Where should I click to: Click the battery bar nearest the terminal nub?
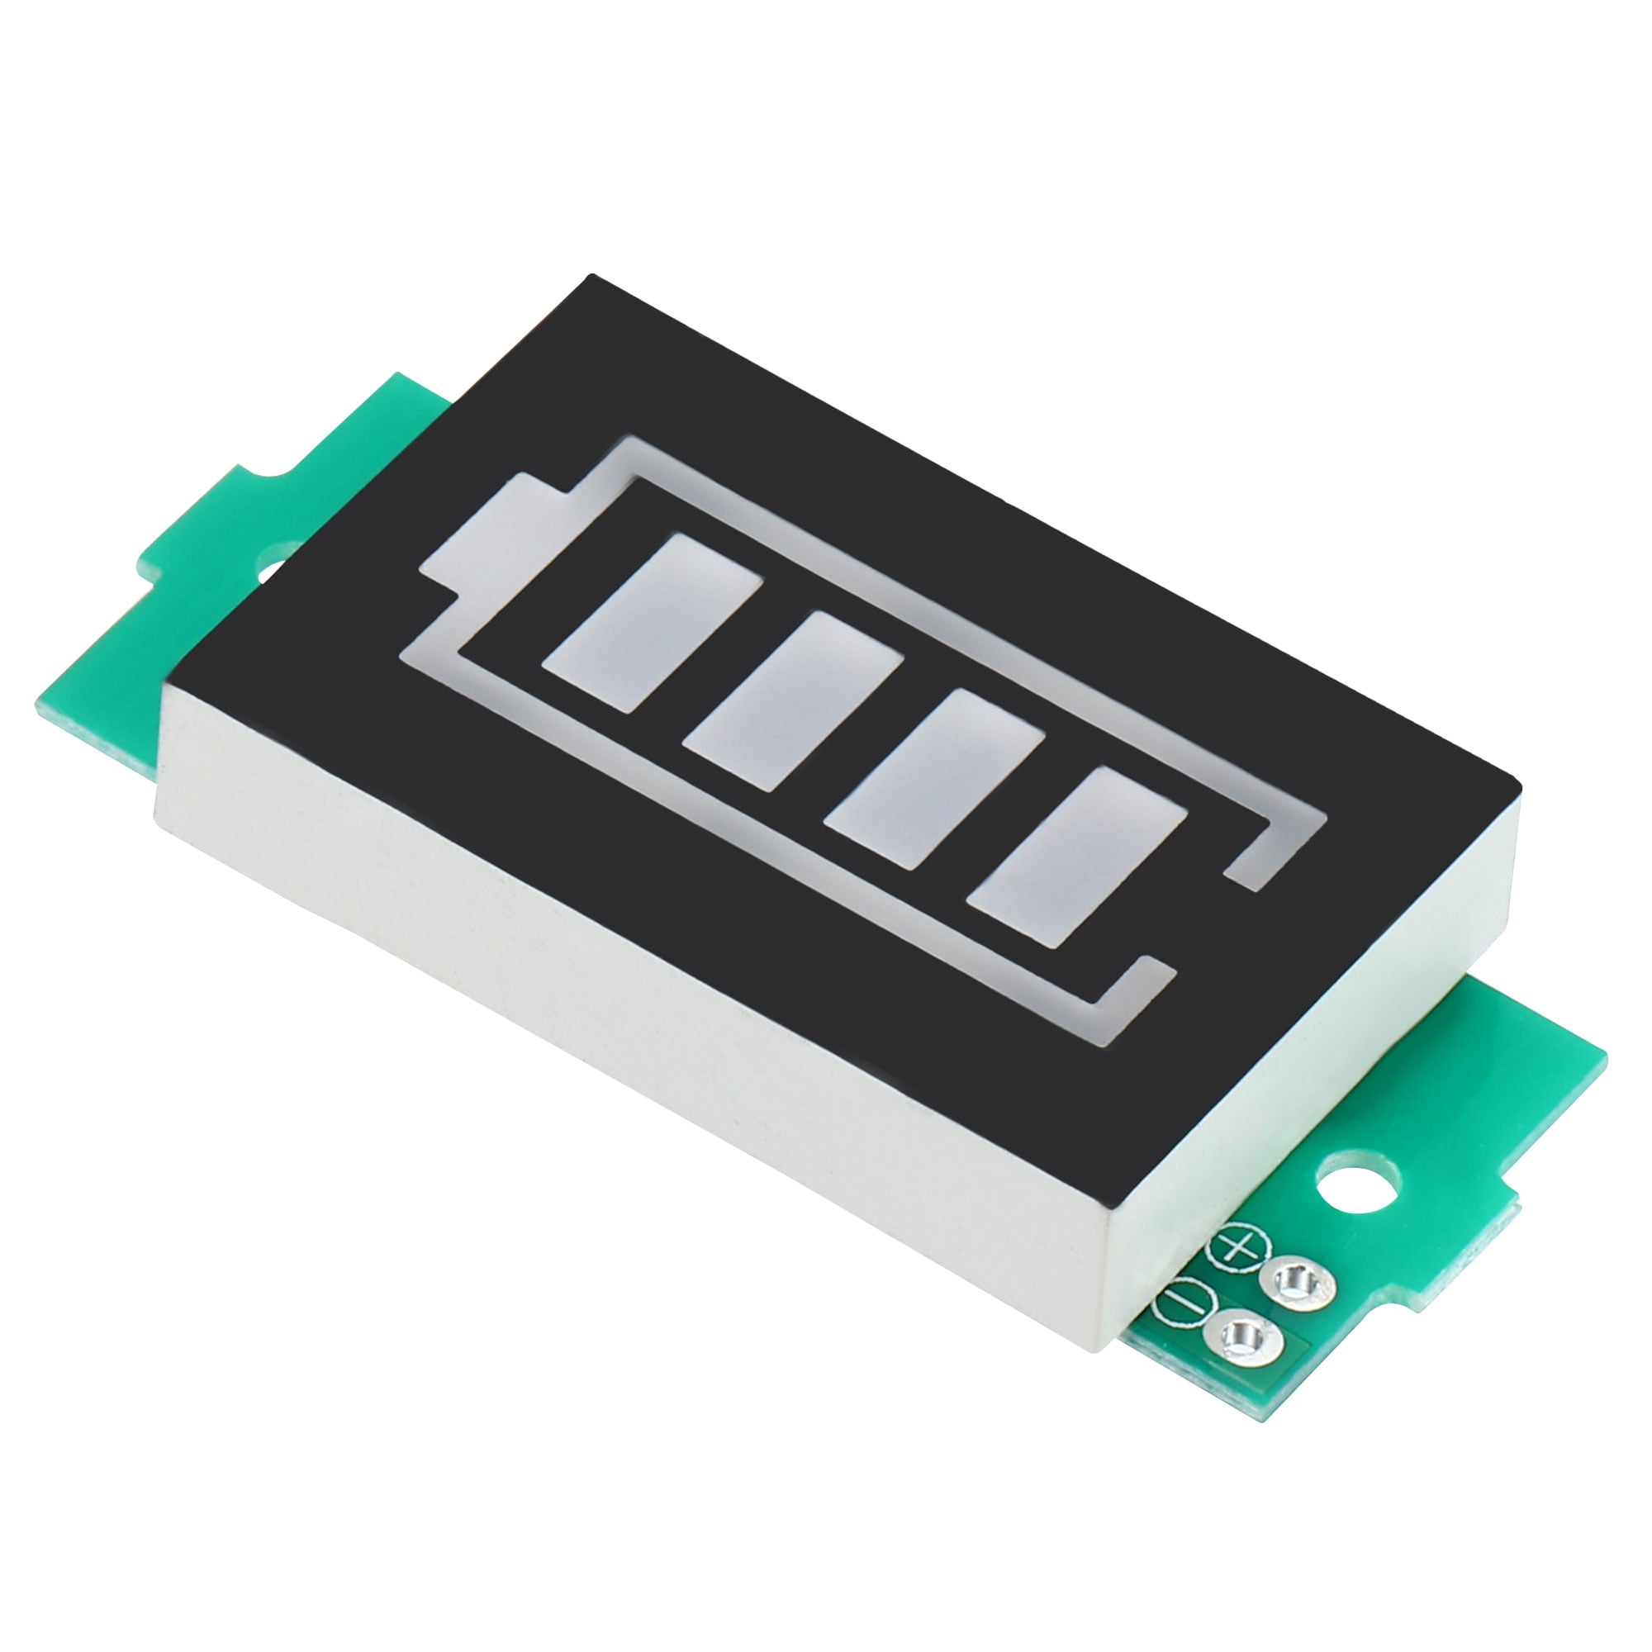pyautogui.click(x=652, y=609)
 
